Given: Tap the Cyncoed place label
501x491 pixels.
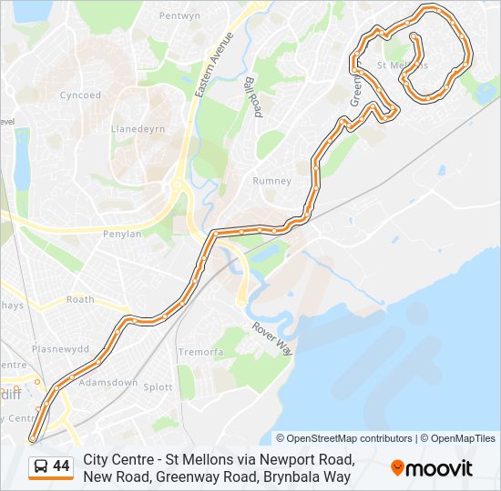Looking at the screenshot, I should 80,95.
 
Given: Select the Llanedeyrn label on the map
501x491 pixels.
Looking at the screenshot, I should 138,129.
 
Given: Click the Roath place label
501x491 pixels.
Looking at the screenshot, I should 80,299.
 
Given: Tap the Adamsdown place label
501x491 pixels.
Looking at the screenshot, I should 108,383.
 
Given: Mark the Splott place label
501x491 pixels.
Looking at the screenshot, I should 158,387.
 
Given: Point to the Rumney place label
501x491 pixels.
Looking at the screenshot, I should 271,181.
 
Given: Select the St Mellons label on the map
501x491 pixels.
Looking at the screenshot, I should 402,66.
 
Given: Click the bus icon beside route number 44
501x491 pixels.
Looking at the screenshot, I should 41,467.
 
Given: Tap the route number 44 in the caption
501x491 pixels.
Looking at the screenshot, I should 61,467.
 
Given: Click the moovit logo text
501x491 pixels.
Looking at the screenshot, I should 440,468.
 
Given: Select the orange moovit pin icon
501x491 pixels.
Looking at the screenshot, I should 397,468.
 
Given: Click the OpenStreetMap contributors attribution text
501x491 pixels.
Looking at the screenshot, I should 344,438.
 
